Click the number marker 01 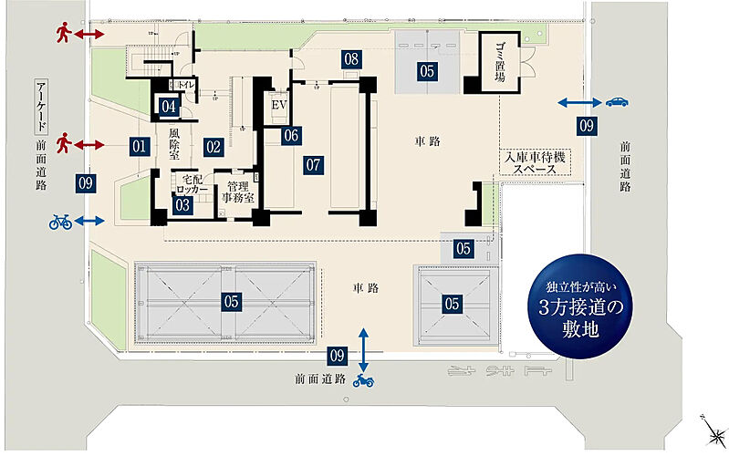click(139, 144)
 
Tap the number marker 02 click(213, 144)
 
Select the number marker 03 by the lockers click(183, 205)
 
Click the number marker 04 click(169, 106)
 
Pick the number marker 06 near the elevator click(290, 136)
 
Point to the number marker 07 click(315, 165)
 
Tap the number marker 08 click(352, 58)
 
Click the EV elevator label click(280, 105)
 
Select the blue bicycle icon click(60, 222)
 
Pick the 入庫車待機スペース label click(537, 163)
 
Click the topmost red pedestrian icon click(64, 34)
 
